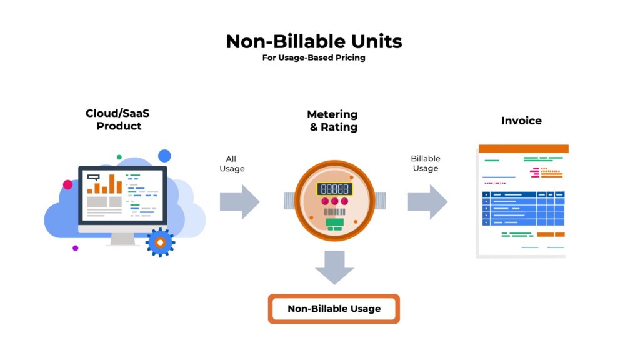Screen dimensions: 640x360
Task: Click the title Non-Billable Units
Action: tap(314, 41)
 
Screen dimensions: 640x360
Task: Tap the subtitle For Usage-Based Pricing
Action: tap(314, 57)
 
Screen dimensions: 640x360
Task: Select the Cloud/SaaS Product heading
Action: tap(117, 119)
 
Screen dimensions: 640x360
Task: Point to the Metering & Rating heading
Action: tap(332, 121)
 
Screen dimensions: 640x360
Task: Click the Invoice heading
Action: tap(521, 121)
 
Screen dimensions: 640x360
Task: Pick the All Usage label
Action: tap(232, 163)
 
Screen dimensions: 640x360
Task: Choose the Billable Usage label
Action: tap(425, 163)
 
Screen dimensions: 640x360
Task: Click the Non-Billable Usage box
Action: tap(334, 309)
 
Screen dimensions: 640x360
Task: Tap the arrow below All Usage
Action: tap(239, 202)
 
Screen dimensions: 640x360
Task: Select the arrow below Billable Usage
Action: tap(427, 202)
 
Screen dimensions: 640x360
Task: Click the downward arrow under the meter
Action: tap(335, 267)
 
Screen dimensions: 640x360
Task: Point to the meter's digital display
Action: tap(335, 189)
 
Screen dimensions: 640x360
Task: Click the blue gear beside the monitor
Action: tap(161, 242)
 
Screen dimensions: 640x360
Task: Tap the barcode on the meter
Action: tap(335, 211)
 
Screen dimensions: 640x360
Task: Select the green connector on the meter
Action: tap(335, 224)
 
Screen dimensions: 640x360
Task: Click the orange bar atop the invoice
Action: tap(524, 149)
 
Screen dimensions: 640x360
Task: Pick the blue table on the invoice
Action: tap(523, 209)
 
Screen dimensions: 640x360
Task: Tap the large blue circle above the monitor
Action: tap(164, 156)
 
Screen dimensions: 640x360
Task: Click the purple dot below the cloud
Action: tap(75, 248)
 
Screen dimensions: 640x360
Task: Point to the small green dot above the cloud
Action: tap(119, 157)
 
